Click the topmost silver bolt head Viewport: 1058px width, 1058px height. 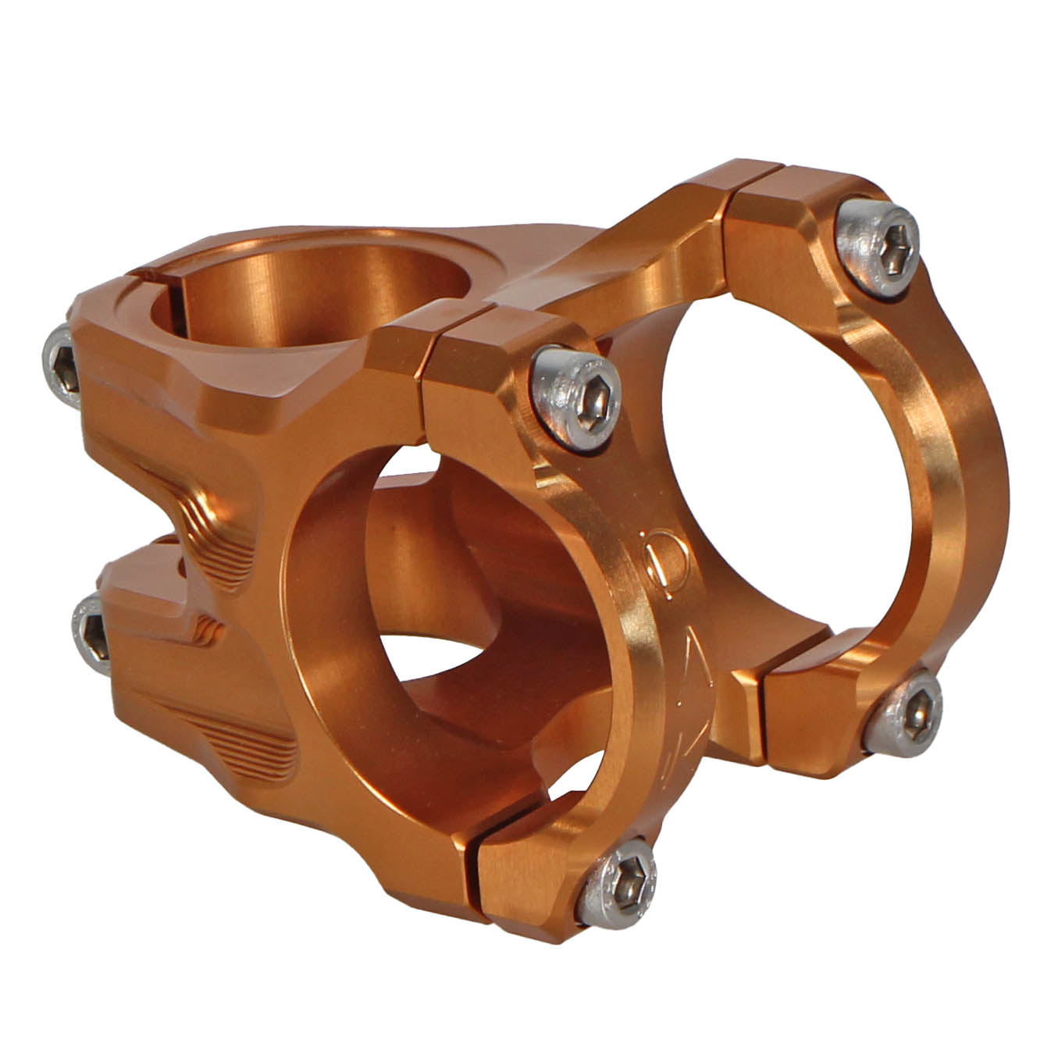(877, 246)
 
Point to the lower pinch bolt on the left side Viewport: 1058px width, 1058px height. (94, 632)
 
